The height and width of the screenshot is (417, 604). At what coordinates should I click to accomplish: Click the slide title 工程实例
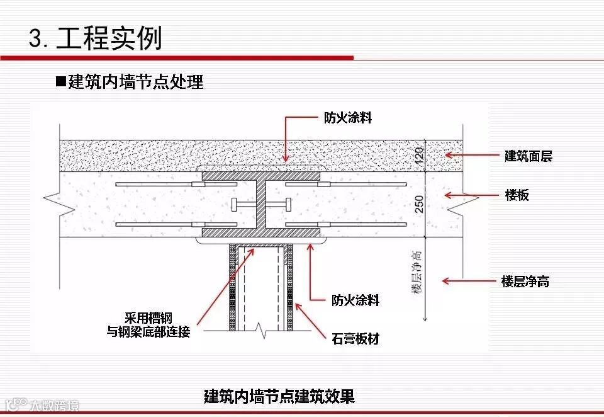[x=109, y=38]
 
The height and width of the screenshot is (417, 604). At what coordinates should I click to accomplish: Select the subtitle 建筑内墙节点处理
[x=136, y=82]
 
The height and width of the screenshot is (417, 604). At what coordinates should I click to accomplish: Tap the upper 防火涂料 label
[x=347, y=118]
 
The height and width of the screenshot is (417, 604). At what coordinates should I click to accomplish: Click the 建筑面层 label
[x=528, y=156]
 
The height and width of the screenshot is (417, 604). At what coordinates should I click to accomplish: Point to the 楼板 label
[x=517, y=195]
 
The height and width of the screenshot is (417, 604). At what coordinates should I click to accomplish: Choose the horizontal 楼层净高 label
[x=525, y=282]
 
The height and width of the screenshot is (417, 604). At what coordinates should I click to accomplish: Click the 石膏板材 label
[x=355, y=339]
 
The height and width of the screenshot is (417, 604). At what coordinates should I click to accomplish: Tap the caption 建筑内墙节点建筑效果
[x=279, y=396]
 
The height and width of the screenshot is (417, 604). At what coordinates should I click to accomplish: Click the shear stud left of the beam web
[x=241, y=205]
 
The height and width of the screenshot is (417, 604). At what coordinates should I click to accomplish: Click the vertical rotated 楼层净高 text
[x=416, y=271]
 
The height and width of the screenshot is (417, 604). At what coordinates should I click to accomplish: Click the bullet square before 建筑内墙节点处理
[x=61, y=82]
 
